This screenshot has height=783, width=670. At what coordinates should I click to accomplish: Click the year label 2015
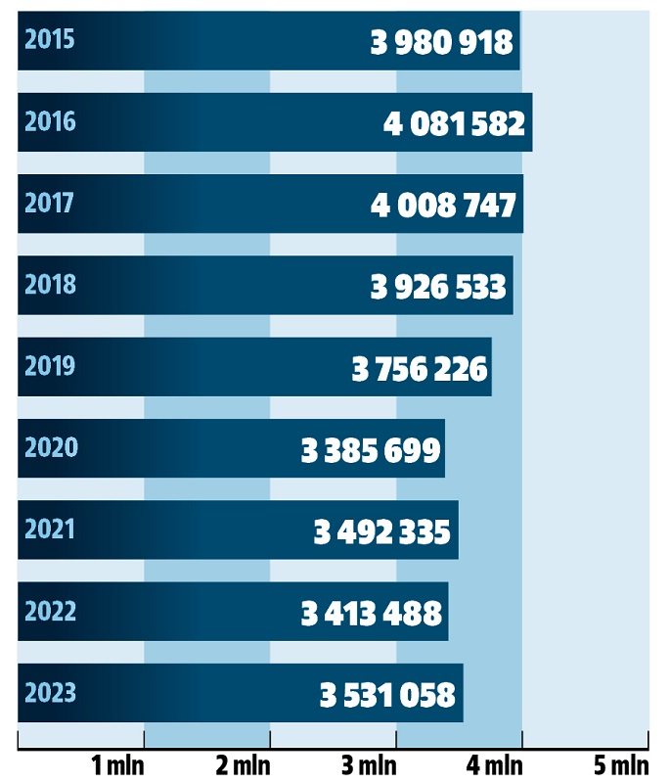tap(50, 40)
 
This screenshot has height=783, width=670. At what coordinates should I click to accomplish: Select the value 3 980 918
tap(441, 42)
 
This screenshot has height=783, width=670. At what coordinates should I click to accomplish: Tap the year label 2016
tap(50, 122)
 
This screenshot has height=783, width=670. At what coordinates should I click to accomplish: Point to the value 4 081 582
tap(454, 124)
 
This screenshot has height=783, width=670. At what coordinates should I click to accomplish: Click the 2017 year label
tap(50, 204)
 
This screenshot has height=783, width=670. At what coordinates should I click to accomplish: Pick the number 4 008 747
tap(444, 206)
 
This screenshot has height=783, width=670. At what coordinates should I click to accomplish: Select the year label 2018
tap(50, 285)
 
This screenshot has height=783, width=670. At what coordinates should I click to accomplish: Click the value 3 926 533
tap(438, 287)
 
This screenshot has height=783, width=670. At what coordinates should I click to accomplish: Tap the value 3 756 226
tap(420, 369)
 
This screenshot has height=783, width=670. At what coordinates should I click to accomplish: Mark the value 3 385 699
tap(372, 450)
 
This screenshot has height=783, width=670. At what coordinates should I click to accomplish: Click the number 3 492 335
tap(382, 531)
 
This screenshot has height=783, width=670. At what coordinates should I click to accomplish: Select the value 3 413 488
tap(372, 614)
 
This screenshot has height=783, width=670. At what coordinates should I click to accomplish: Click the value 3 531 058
tap(387, 695)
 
